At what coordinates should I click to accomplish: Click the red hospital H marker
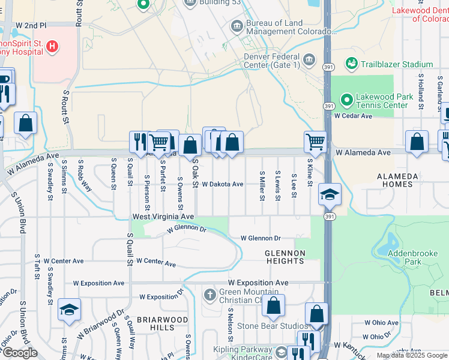point(52,46)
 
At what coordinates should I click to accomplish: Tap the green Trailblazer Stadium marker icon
point(351,64)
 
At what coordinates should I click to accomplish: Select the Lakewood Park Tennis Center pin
point(346,100)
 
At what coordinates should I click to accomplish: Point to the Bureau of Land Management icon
point(237,26)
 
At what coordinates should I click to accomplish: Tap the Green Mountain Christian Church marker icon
point(209,295)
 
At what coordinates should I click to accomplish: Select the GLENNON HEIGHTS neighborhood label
point(285,257)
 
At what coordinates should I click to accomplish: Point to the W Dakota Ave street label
point(222,185)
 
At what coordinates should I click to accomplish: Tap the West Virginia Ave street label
point(163,216)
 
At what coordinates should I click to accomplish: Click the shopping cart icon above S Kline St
point(315,142)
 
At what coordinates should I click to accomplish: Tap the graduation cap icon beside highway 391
point(330,194)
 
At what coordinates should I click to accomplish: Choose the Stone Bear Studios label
point(264,326)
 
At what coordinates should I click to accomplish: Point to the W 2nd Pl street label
point(31,25)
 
